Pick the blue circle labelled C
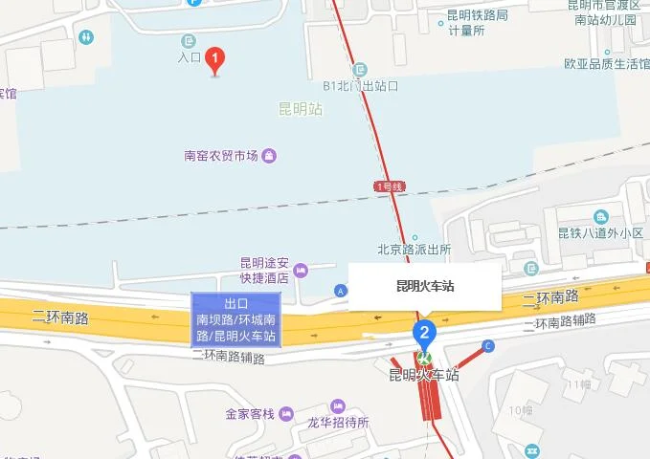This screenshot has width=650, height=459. (488, 345)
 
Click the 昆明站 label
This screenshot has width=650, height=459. (300, 109)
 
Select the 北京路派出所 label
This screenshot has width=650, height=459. (414, 250)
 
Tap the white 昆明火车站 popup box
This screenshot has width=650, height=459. (424, 286)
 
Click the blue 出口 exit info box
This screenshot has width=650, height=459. (235, 318)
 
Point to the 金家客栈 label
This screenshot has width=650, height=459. (250, 414)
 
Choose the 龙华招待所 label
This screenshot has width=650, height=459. (340, 423)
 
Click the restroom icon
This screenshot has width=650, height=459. (88, 36)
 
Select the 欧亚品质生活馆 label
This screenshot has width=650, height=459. (607, 65)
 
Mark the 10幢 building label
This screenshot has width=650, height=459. (521, 410)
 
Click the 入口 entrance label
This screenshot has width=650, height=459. (189, 57)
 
